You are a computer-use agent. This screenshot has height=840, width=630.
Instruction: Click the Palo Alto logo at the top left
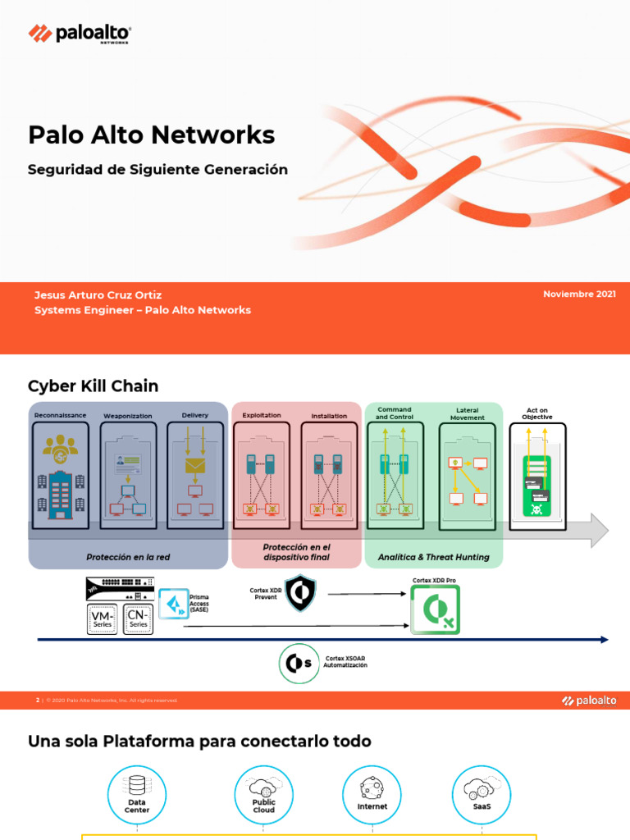(x=80, y=34)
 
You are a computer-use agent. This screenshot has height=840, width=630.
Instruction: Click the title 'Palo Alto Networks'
(x=152, y=135)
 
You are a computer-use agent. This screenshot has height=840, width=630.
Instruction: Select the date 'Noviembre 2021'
(x=579, y=294)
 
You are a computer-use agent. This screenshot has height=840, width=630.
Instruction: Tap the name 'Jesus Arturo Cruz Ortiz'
(x=98, y=294)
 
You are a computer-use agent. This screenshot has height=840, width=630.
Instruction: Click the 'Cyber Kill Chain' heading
(x=94, y=386)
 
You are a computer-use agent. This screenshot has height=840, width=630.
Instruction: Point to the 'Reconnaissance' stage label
(x=60, y=415)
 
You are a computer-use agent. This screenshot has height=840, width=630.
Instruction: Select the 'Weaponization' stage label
(x=128, y=416)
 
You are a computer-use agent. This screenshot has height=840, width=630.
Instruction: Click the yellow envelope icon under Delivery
(x=195, y=466)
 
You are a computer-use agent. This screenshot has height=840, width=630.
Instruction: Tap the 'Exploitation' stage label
(x=262, y=415)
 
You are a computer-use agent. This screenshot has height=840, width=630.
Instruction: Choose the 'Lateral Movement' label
(x=467, y=413)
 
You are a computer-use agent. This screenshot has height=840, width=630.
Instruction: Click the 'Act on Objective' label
(x=537, y=413)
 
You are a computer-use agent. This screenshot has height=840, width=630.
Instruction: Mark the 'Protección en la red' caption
(x=128, y=557)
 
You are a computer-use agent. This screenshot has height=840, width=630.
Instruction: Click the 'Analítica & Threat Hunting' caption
(x=433, y=557)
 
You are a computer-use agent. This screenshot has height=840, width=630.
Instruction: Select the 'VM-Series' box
(x=102, y=619)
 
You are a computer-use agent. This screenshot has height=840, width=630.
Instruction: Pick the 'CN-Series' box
(x=138, y=619)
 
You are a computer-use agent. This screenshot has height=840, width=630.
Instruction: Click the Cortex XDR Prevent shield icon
(x=299, y=592)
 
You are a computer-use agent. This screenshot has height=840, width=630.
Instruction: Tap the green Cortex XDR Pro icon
(x=435, y=609)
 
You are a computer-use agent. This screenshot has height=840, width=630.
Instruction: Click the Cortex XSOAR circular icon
(x=299, y=664)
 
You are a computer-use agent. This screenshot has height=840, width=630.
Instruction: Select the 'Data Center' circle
(x=137, y=795)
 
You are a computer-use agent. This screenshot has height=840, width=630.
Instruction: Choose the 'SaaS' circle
(x=482, y=795)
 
